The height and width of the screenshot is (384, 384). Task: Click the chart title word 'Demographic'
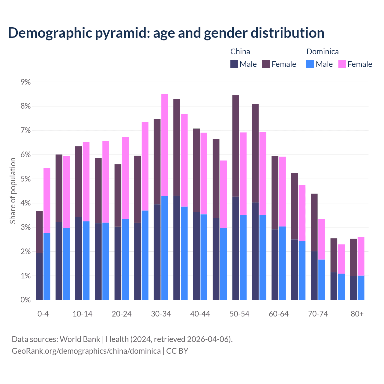tap(49, 33)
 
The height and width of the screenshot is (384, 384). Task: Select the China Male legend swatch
tap(234, 64)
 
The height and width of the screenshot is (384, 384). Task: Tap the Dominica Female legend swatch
tap(342, 64)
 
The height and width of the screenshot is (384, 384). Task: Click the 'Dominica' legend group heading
tap(322, 52)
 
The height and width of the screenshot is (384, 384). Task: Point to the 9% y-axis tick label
tap(25, 82)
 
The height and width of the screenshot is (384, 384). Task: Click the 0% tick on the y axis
tap(25, 300)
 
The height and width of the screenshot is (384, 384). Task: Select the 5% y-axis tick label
tap(25, 179)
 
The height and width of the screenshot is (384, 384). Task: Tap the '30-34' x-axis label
tap(161, 314)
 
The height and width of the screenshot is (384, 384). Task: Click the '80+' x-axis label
tap(357, 314)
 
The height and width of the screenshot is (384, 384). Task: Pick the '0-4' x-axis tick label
tap(43, 314)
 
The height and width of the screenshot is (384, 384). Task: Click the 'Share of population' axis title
tap(13, 191)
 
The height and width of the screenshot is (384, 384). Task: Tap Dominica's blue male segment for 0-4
tap(47, 266)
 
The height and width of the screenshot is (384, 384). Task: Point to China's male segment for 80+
tap(353, 288)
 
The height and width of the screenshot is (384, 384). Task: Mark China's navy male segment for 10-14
tap(79, 258)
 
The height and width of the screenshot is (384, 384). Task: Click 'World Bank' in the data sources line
tap(80, 339)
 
